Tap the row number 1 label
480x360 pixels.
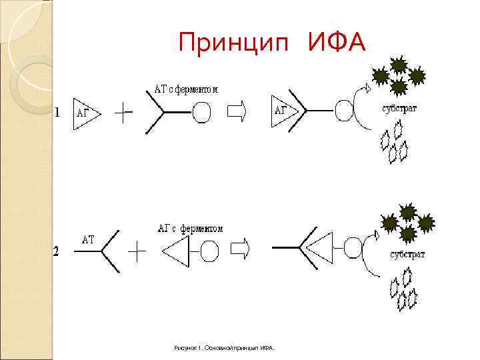click(x=57, y=112)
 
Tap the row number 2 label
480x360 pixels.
click(x=57, y=251)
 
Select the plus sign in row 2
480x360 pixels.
click(x=137, y=252)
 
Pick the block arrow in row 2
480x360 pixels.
click(x=239, y=249)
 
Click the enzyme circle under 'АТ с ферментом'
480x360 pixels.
click(x=201, y=113)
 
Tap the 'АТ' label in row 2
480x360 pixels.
click(x=89, y=239)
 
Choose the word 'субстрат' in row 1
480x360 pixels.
click(x=399, y=109)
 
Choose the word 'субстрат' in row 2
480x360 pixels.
click(x=407, y=255)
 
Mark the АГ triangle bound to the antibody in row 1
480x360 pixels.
click(x=281, y=111)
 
